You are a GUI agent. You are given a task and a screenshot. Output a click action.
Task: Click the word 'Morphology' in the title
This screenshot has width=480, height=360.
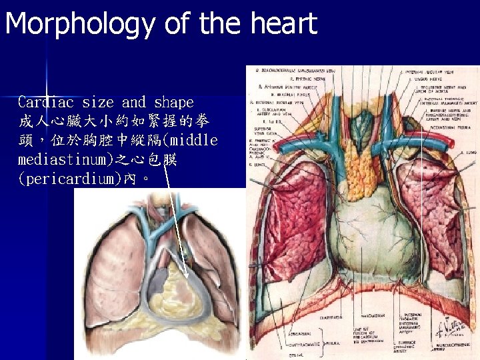coord(81,23)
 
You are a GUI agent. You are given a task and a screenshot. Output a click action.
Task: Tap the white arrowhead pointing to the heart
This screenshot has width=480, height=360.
coord(187,275)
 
